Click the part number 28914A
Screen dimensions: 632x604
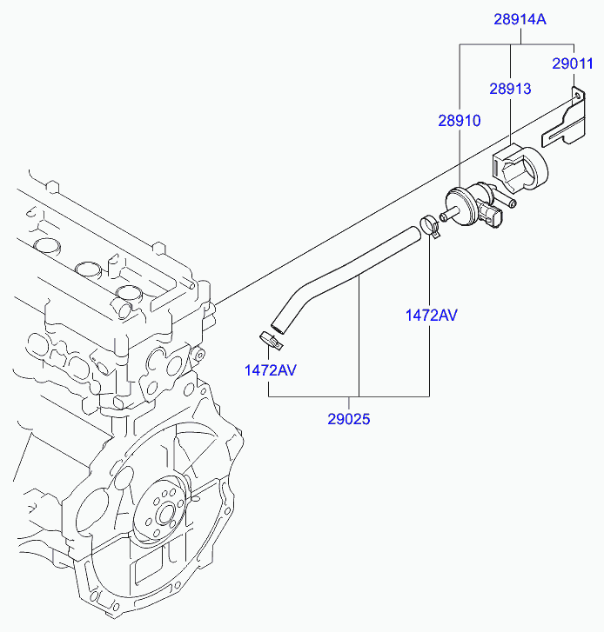(520, 18)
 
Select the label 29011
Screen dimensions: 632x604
(573, 63)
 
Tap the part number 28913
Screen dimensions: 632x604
(509, 89)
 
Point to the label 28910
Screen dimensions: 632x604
(459, 122)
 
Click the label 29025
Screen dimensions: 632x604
(349, 419)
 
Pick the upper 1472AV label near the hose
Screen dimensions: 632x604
(431, 315)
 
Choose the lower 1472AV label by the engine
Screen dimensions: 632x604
(270, 369)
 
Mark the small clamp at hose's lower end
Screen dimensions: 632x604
(270, 337)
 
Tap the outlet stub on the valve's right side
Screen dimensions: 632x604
(512, 203)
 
